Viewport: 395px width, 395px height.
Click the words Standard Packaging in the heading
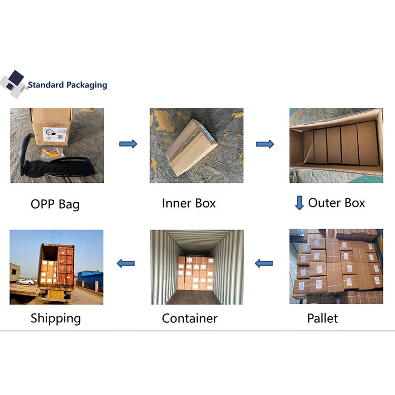pos(67,85)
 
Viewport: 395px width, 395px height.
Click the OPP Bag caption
pos(55,204)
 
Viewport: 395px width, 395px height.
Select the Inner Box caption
pos(189,203)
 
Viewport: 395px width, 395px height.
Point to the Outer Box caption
pos(337,203)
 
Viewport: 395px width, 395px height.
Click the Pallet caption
pos(322,318)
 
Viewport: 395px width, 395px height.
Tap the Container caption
pos(190,318)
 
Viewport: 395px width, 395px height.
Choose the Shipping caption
pos(56,318)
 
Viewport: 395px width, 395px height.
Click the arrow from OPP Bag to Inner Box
pos(128,144)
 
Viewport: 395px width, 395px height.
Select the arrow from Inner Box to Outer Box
pos(265,144)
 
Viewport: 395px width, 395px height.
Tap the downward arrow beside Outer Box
pos(299,203)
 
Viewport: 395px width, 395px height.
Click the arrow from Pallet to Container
pos(264,263)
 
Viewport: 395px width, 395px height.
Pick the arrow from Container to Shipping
pos(126,263)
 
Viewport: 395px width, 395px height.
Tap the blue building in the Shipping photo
pos(90,279)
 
